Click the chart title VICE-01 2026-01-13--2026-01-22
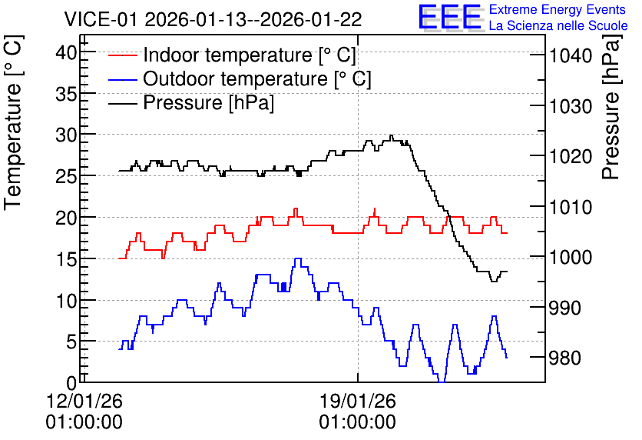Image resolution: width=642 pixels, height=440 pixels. pyautogui.click(x=213, y=19)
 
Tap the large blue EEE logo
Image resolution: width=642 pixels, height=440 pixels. pyautogui.click(x=450, y=18)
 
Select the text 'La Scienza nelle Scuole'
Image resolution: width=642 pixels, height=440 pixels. pyautogui.click(x=558, y=26)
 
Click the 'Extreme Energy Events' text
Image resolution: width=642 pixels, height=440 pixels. pyautogui.click(x=558, y=9)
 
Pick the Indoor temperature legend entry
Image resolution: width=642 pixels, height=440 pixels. pyautogui.click(x=232, y=55)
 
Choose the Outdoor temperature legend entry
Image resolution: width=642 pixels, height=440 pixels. pyautogui.click(x=240, y=78)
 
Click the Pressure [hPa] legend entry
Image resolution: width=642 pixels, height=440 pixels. pyautogui.click(x=191, y=102)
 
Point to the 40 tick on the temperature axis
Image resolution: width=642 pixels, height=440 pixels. pyautogui.click(x=66, y=52)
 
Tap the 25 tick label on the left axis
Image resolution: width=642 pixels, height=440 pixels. pyautogui.click(x=66, y=177)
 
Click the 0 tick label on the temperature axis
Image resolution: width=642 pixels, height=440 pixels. pyautogui.click(x=71, y=383)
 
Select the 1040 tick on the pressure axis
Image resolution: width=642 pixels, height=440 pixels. pyautogui.click(x=571, y=55)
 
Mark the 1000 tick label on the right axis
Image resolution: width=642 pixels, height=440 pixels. pyautogui.click(x=571, y=257)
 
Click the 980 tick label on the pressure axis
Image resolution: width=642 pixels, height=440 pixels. pyautogui.click(x=565, y=358)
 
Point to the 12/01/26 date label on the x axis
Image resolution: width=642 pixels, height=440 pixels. pyautogui.click(x=84, y=401)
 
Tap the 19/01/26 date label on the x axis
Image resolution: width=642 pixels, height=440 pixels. pyautogui.click(x=358, y=401)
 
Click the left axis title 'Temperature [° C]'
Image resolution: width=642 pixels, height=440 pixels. pyautogui.click(x=13, y=123)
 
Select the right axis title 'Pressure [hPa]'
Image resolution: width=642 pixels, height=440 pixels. pyautogui.click(x=611, y=107)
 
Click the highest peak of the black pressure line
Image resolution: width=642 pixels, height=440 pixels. pyautogui.click(x=392, y=135)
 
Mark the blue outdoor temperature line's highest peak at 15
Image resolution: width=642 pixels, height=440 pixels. pyautogui.click(x=298, y=258)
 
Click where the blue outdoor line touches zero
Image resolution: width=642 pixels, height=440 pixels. pyautogui.click(x=442, y=382)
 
